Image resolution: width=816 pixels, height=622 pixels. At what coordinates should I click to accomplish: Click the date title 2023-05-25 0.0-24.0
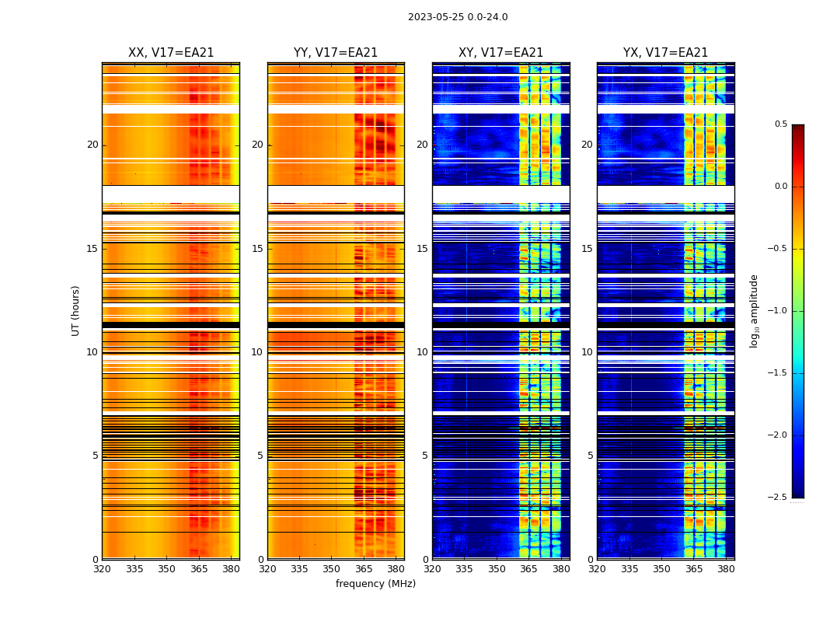click(x=458, y=17)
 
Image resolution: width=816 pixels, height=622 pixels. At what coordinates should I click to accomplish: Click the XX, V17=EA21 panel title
click(x=171, y=53)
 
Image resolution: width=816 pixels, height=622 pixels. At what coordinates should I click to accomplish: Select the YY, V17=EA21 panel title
click(x=336, y=53)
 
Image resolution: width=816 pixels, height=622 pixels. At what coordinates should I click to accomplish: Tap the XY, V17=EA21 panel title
click(x=500, y=53)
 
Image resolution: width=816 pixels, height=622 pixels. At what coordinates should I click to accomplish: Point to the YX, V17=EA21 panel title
click(x=665, y=53)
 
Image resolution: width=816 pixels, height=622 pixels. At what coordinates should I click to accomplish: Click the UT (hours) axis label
click(x=75, y=310)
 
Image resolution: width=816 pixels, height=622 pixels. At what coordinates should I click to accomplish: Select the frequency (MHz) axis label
click(x=375, y=584)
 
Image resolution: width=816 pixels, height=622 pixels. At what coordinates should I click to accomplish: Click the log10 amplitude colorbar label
click(x=754, y=310)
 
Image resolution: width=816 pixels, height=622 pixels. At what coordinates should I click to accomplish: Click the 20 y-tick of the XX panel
click(x=92, y=145)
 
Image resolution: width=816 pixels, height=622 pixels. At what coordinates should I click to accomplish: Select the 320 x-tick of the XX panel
click(x=102, y=569)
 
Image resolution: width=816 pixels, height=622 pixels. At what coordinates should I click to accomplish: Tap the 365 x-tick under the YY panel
click(x=364, y=569)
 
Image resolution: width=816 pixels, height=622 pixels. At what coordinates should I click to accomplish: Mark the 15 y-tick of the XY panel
click(x=422, y=249)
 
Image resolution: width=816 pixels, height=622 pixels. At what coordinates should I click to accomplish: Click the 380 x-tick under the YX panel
click(x=726, y=569)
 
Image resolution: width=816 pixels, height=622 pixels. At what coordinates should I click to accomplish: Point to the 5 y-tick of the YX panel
click(x=590, y=456)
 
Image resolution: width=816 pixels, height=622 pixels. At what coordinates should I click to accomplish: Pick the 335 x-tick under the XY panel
click(x=465, y=569)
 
